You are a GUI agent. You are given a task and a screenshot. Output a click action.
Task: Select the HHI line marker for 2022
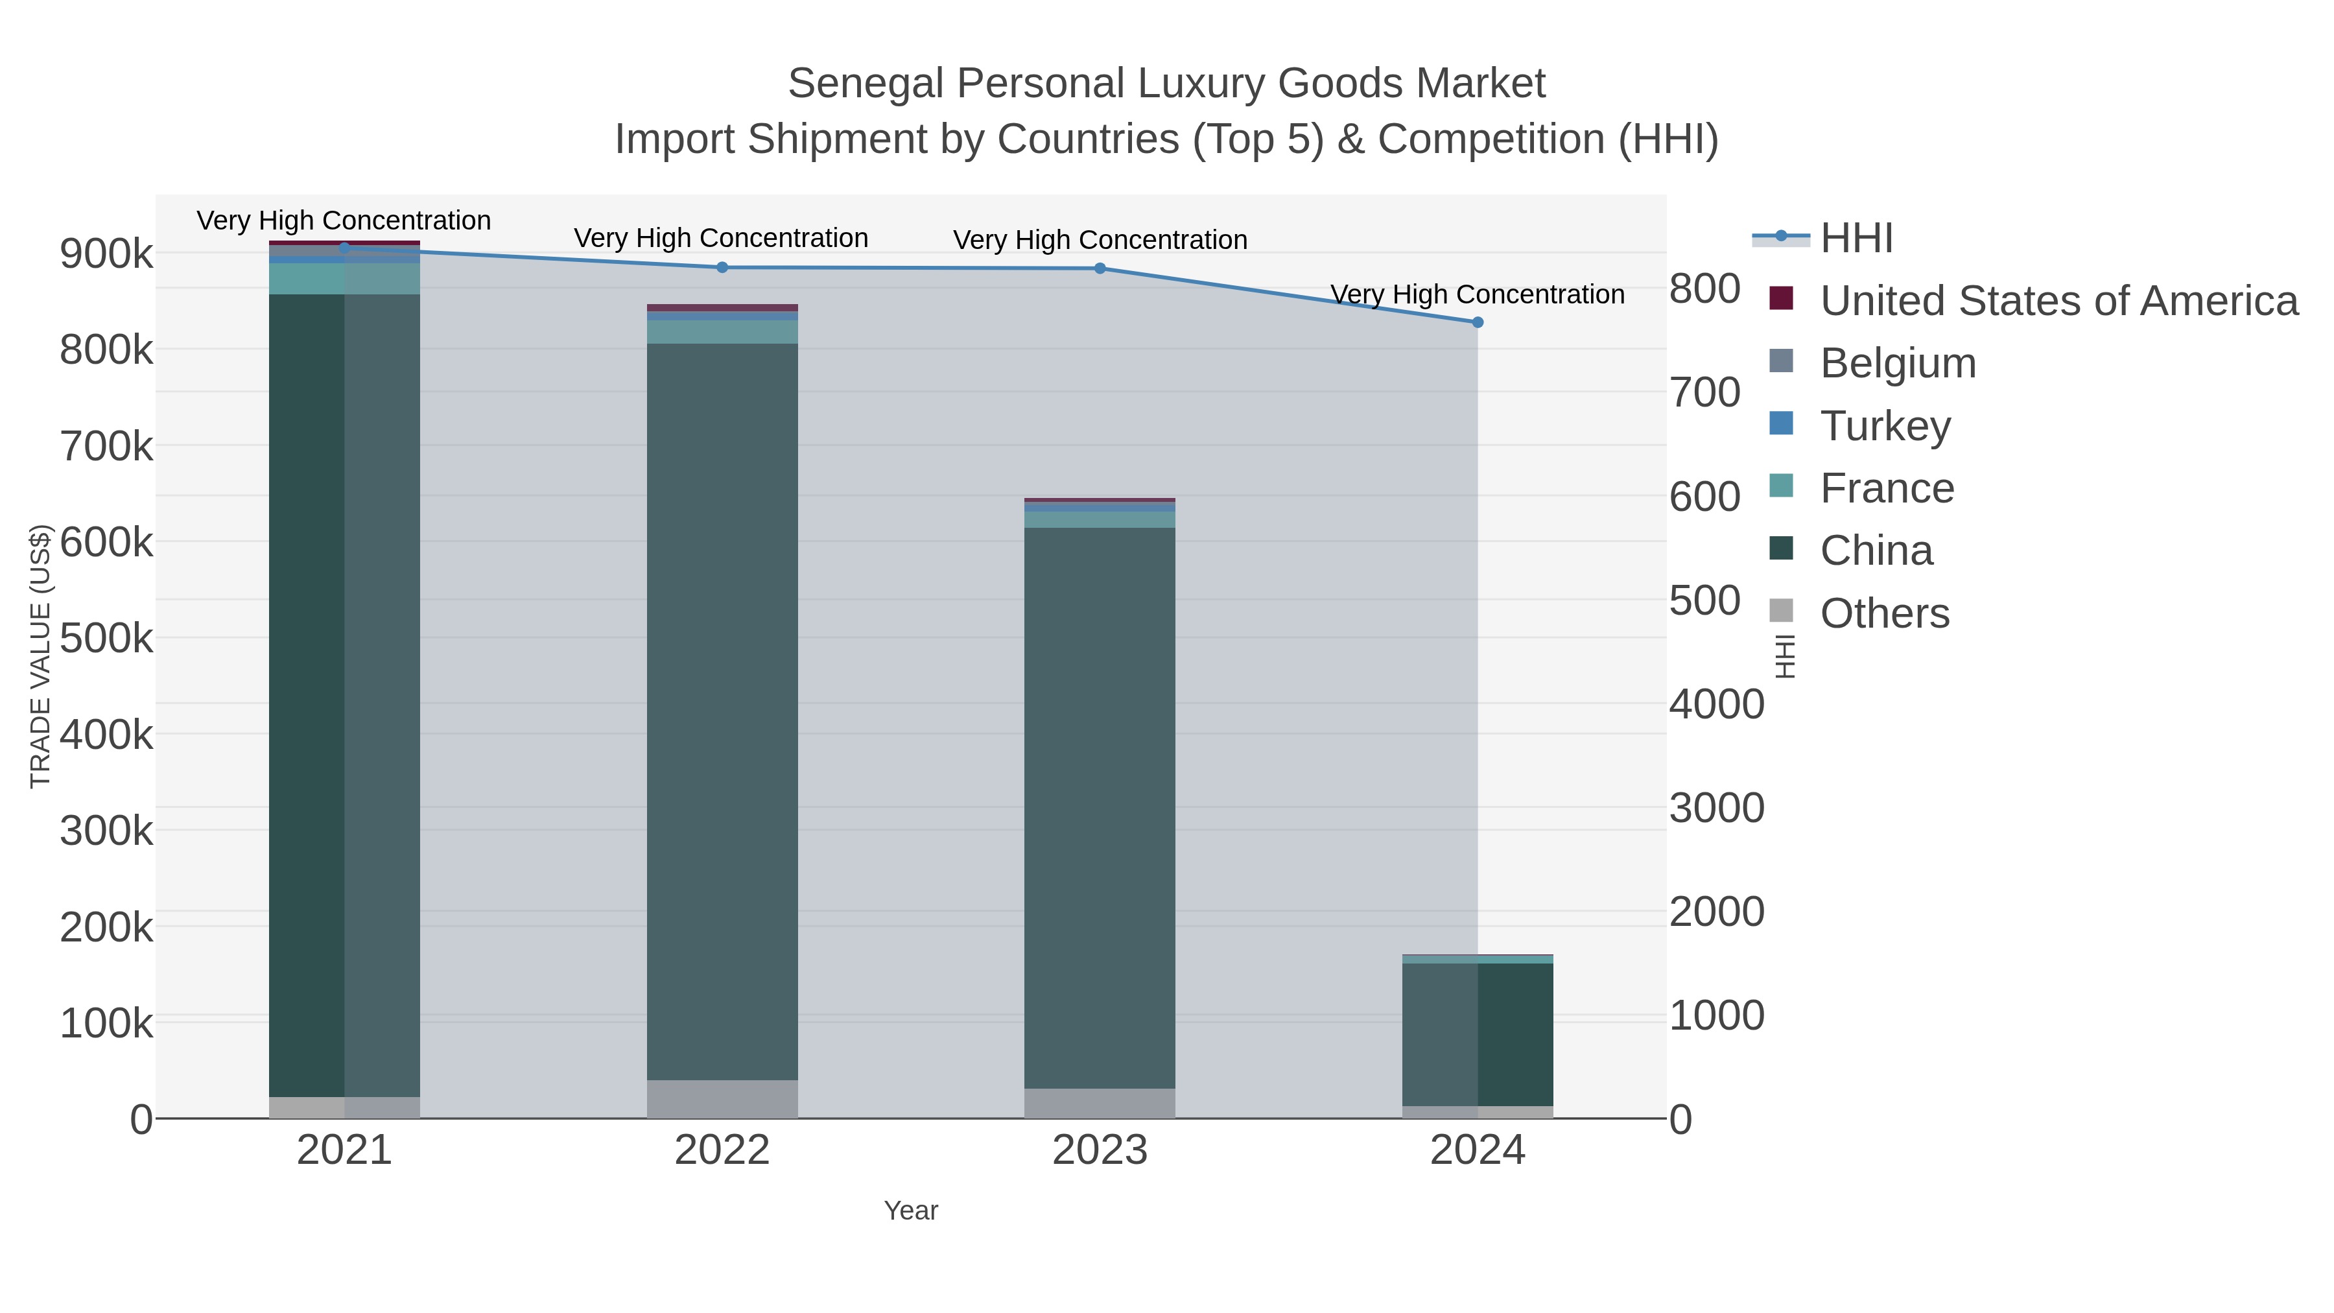click(722, 267)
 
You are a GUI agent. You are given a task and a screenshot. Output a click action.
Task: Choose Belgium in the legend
click(1897, 363)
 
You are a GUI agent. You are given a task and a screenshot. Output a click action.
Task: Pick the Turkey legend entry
click(1885, 426)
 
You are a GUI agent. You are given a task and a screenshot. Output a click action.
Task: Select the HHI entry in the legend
click(1856, 239)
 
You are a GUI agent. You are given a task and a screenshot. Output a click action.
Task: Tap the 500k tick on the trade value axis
click(106, 639)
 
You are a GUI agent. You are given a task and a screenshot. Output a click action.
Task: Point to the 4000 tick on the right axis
click(1716, 704)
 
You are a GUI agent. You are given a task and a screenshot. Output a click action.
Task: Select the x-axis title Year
click(911, 1211)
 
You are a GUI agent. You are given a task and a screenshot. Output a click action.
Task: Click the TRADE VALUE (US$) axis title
click(41, 656)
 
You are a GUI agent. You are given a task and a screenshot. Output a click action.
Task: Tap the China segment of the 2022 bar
click(722, 711)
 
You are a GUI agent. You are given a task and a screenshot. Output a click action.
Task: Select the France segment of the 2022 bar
click(722, 331)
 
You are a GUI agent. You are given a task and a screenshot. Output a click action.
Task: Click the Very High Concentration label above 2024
click(1477, 294)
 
